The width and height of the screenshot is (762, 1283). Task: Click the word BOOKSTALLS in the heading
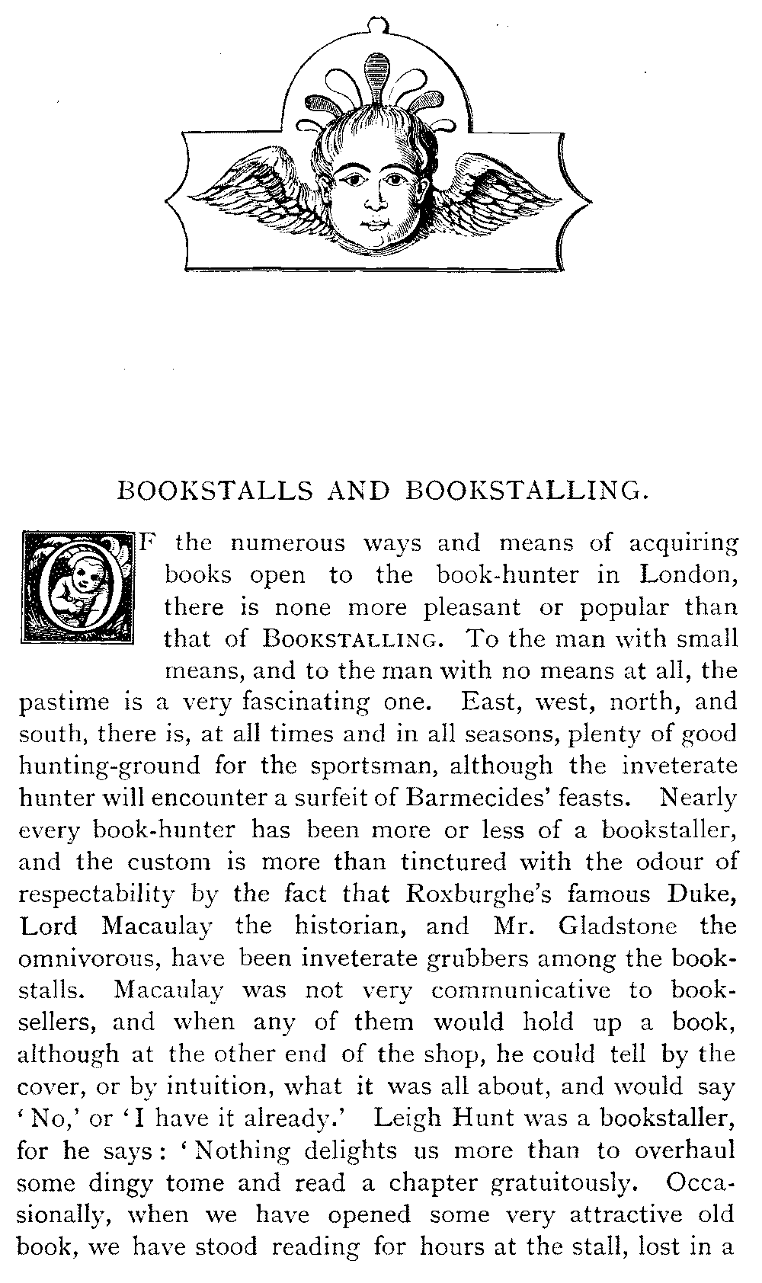(214, 491)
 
